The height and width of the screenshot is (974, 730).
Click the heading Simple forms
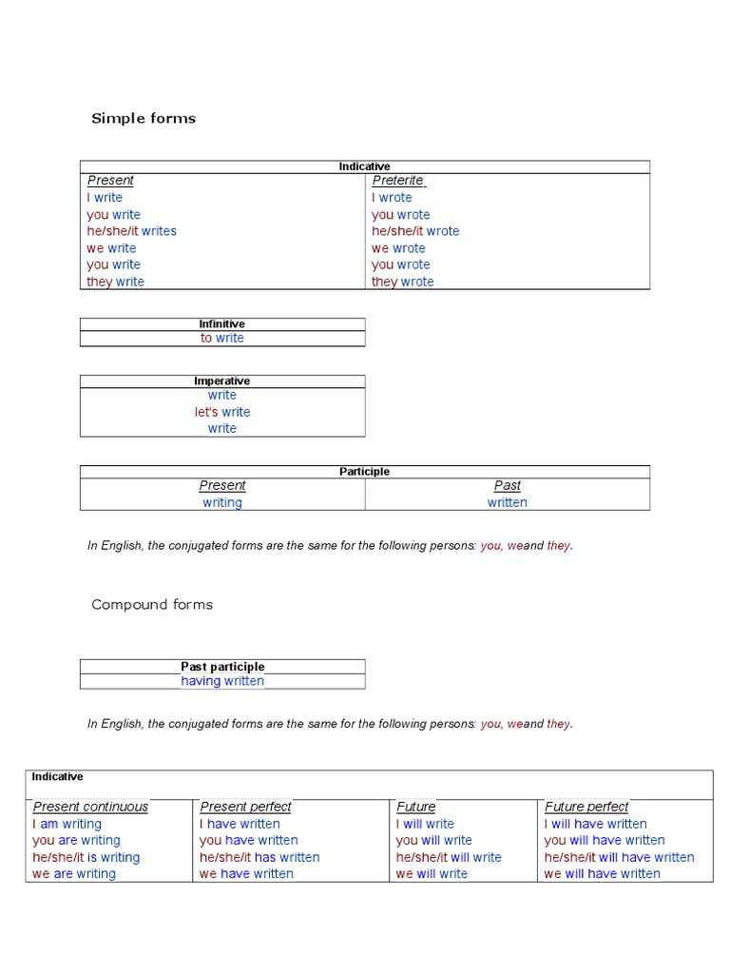click(144, 119)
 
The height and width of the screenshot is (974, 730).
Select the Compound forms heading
click(152, 605)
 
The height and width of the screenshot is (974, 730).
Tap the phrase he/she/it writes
click(131, 231)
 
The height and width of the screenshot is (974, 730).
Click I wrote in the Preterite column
click(392, 198)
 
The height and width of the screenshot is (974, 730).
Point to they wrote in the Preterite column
click(402, 282)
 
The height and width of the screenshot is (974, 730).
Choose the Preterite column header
click(397, 181)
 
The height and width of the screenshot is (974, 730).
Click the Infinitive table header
click(221, 324)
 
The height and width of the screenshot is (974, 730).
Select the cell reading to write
click(221, 339)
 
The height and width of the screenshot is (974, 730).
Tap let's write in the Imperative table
click(222, 412)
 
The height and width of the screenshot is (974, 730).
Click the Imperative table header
click(221, 381)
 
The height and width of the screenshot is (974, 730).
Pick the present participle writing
click(222, 502)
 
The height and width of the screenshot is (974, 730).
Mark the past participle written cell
click(507, 502)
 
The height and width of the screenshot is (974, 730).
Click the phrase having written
click(222, 681)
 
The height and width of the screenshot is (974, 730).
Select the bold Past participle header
click(222, 667)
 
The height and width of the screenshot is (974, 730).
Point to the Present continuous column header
click(90, 807)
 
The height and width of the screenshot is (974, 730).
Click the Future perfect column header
click(586, 807)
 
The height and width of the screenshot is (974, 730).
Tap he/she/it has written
click(259, 857)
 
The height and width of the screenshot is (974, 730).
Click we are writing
click(74, 874)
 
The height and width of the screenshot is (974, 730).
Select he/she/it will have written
click(619, 857)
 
